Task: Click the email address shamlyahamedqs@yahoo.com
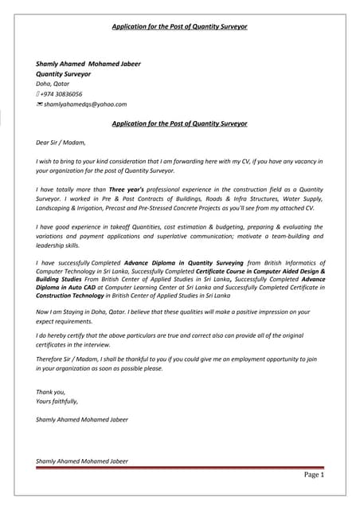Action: (x=85, y=104)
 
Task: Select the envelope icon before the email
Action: (x=39, y=104)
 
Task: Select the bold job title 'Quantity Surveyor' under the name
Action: (x=63, y=73)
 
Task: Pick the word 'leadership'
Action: (x=52, y=245)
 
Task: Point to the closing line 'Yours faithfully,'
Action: (x=57, y=401)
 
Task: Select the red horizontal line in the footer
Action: (x=180, y=468)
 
